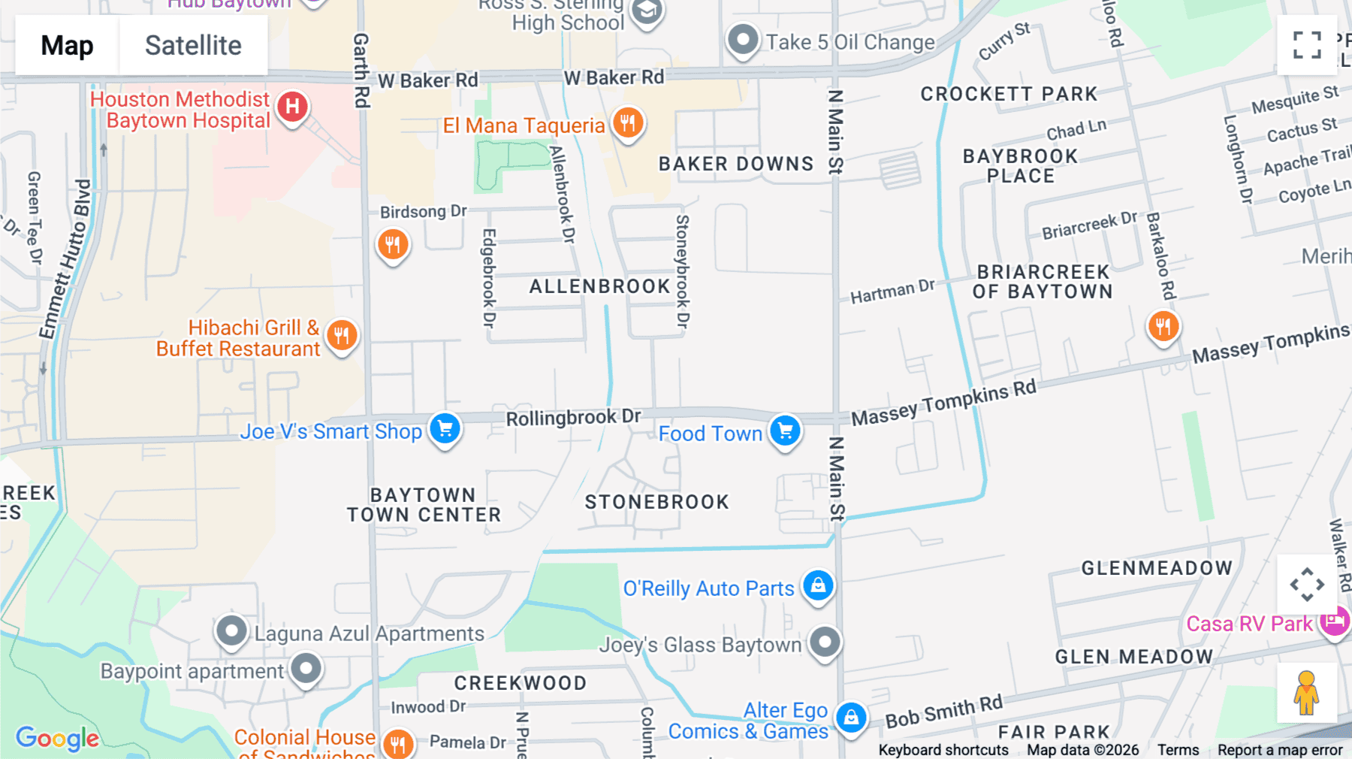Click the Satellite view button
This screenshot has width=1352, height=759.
(x=193, y=46)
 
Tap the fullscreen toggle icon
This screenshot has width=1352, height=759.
(x=1307, y=45)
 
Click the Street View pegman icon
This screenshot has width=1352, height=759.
(x=1306, y=693)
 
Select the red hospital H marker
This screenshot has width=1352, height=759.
(x=292, y=107)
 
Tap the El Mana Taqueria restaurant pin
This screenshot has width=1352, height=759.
(x=628, y=122)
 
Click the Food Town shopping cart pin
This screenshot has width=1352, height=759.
(x=785, y=431)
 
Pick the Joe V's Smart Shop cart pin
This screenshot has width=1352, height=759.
(x=445, y=429)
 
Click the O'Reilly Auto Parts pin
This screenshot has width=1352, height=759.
(x=818, y=585)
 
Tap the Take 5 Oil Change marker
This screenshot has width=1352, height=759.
(x=743, y=39)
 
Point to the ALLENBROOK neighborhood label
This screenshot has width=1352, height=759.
(x=599, y=286)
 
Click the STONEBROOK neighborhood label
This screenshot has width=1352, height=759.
(x=656, y=502)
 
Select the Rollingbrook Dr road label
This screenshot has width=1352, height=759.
(x=573, y=417)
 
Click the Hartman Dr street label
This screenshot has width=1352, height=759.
(x=892, y=291)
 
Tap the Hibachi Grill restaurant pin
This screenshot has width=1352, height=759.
(x=342, y=335)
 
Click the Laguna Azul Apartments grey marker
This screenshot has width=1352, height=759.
(x=231, y=631)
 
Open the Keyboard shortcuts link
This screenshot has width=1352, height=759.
(x=943, y=750)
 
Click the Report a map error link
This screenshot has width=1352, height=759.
(x=1280, y=750)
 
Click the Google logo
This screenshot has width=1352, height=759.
(x=57, y=738)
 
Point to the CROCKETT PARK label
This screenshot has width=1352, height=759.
(x=1009, y=94)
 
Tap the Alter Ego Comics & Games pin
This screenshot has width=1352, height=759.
(x=851, y=718)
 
